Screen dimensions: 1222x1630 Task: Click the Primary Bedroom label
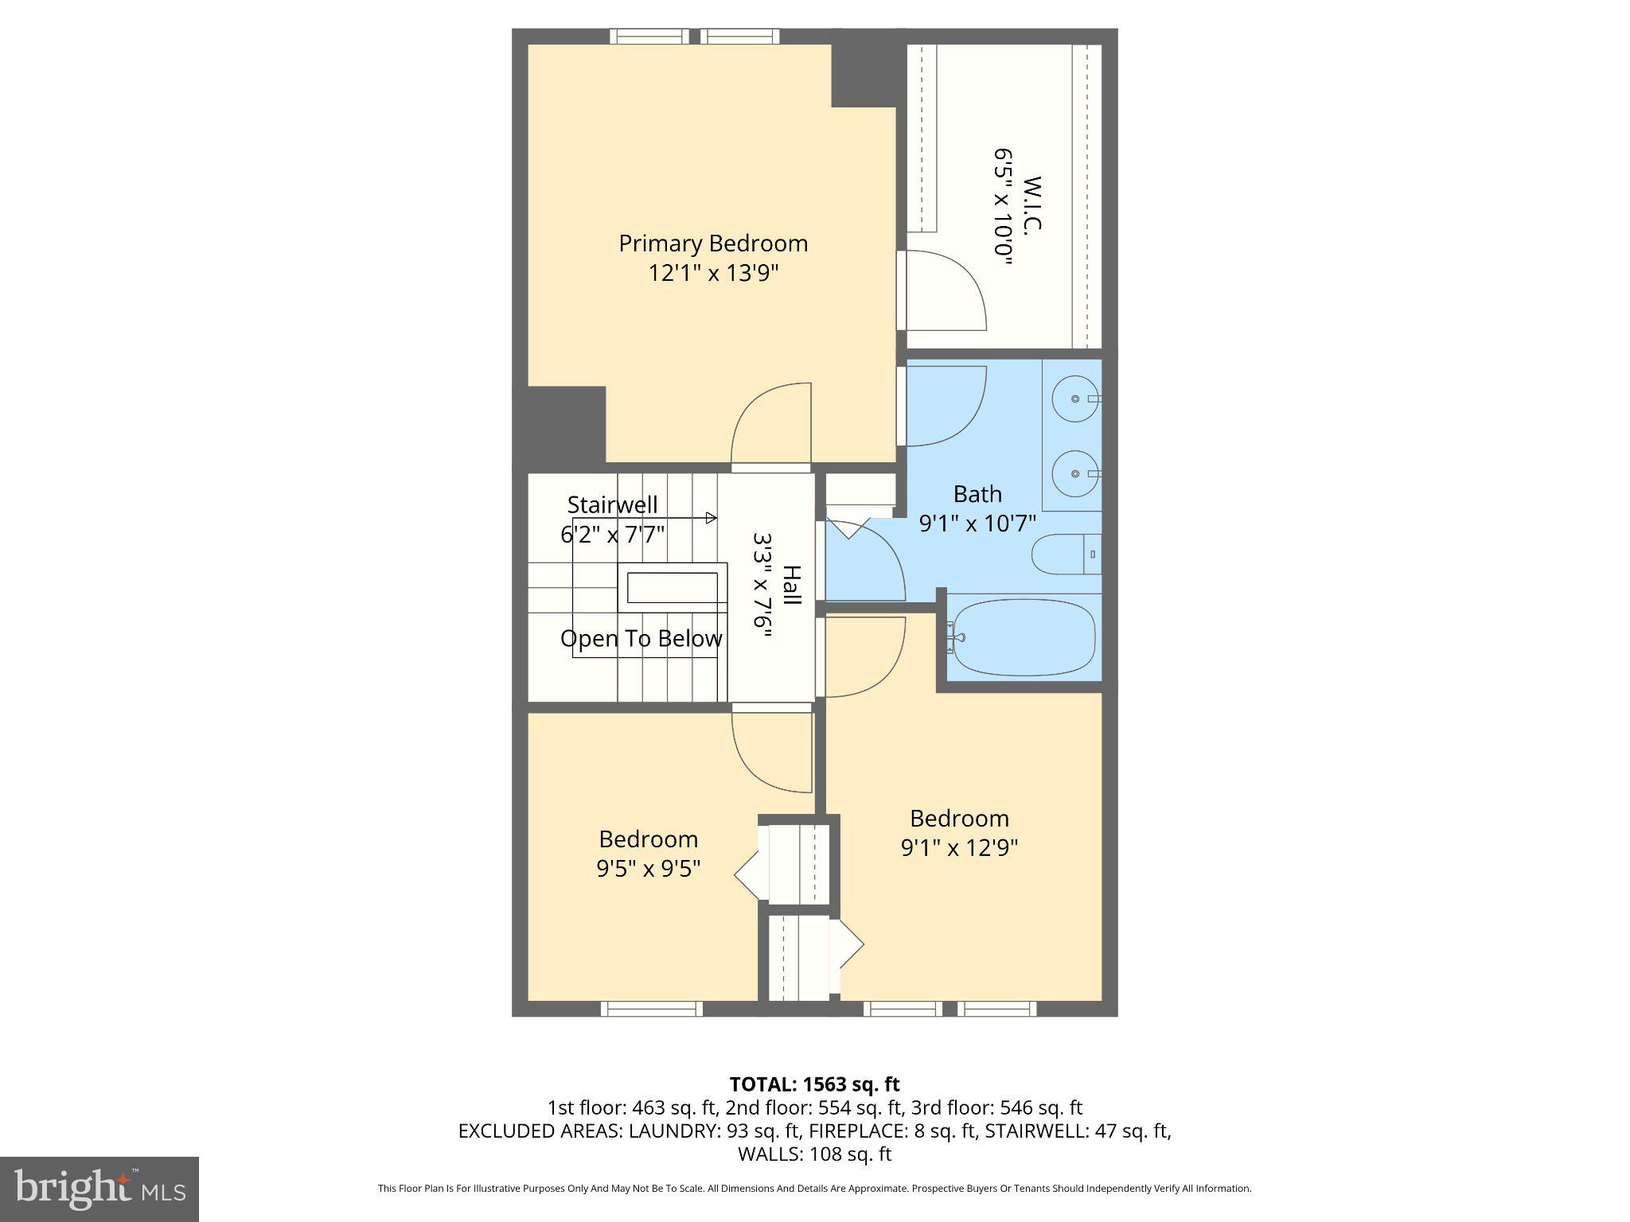point(713,243)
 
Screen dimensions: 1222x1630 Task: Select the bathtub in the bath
point(1024,638)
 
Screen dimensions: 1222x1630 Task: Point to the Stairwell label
point(612,504)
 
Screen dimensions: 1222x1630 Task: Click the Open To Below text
point(641,639)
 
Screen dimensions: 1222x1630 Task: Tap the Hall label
point(791,586)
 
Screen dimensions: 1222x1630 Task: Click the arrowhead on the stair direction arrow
point(712,518)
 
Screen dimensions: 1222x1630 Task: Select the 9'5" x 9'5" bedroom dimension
point(649,869)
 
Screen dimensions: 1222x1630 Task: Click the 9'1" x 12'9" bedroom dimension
point(959,848)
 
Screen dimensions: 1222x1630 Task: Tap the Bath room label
point(977,494)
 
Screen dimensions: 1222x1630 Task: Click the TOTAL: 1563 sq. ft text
point(814,1084)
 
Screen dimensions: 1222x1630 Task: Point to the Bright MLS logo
point(99,1189)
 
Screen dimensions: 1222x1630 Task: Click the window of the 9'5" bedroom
point(651,1009)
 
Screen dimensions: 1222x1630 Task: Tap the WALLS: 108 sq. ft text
point(814,1154)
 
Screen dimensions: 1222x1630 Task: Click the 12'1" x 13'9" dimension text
point(713,274)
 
